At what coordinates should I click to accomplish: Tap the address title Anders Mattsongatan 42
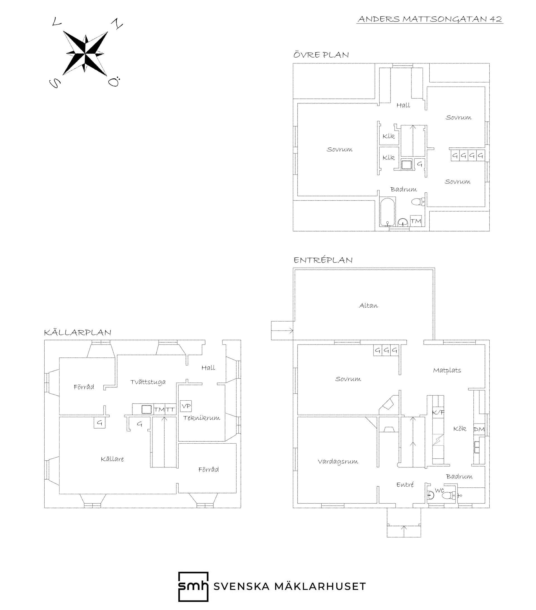(430, 19)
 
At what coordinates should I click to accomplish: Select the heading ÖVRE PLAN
(321, 55)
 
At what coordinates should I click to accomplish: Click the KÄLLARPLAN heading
(78, 332)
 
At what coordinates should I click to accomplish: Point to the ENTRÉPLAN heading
(323, 260)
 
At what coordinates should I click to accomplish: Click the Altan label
(368, 306)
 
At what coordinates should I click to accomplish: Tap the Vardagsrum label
(338, 462)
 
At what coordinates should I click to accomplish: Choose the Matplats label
(447, 370)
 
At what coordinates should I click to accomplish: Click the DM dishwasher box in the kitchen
(479, 429)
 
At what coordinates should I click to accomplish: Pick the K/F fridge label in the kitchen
(438, 412)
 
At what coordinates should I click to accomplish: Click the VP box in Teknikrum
(186, 406)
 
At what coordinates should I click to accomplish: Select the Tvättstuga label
(148, 382)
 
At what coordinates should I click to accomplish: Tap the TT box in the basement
(170, 410)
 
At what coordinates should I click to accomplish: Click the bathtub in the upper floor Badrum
(388, 212)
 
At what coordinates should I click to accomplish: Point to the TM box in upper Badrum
(416, 221)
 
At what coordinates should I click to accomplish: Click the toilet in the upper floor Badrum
(418, 202)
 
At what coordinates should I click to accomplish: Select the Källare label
(112, 459)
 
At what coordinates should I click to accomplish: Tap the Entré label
(405, 485)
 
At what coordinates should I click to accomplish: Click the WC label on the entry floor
(439, 490)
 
